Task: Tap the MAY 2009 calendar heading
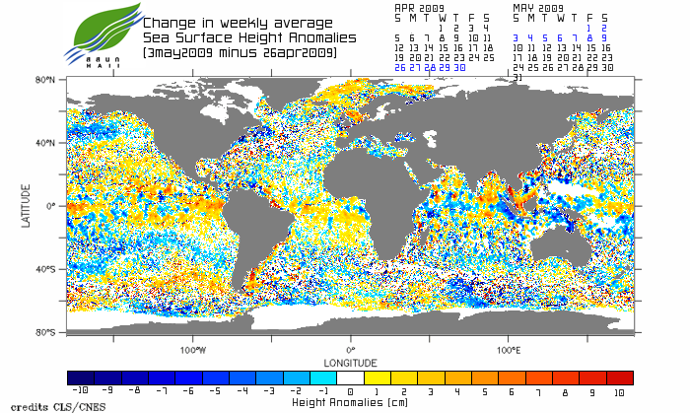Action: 538,7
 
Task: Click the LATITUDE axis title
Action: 27,206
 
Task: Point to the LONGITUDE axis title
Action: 350,362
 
